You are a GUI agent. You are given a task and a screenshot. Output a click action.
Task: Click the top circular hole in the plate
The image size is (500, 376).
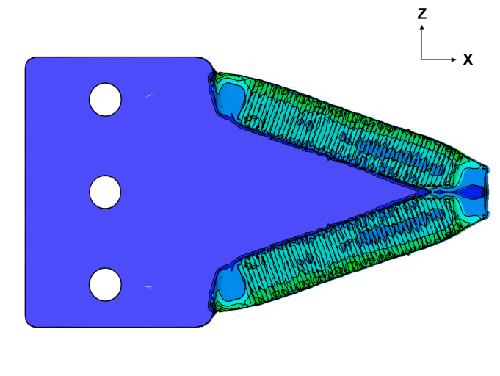(x=105, y=99)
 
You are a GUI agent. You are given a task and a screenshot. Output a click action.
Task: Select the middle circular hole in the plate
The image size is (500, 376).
(x=105, y=192)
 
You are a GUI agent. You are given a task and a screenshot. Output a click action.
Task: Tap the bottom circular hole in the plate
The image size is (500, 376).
(x=105, y=284)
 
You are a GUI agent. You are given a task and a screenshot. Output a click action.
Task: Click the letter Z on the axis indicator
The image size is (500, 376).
(x=422, y=14)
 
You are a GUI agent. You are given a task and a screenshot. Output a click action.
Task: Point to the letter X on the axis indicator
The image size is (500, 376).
(x=468, y=59)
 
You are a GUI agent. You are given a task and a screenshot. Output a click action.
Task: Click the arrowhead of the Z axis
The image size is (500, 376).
(x=422, y=27)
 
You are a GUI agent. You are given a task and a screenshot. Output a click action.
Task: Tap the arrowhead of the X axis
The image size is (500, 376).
(x=454, y=59)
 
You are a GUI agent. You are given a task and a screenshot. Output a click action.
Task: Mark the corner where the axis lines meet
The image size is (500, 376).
(x=422, y=59)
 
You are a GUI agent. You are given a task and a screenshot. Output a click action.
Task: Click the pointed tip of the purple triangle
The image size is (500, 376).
(x=428, y=192)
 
